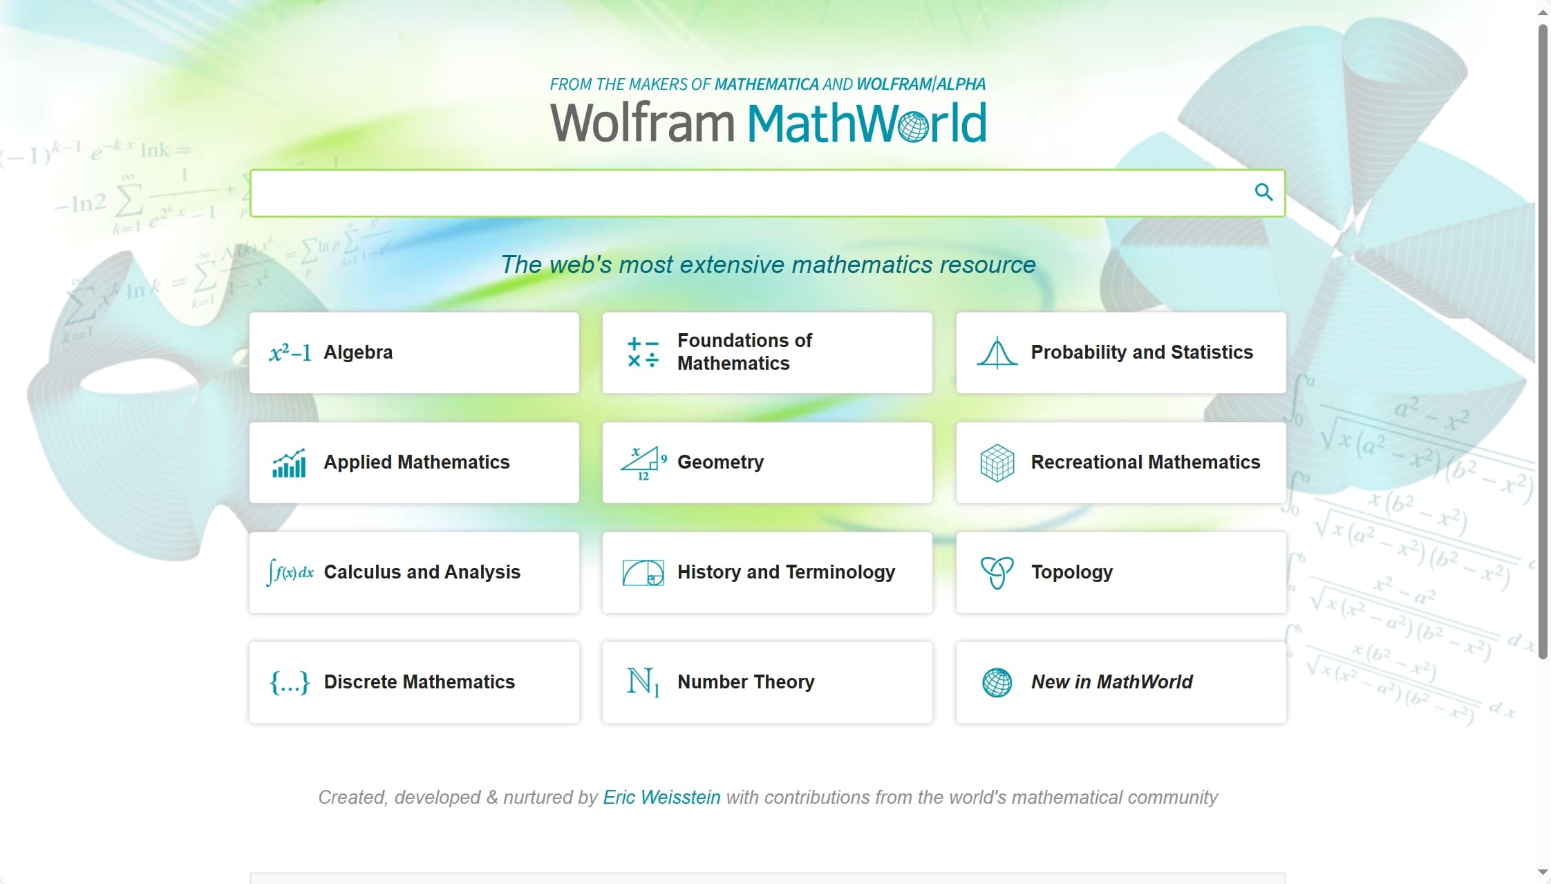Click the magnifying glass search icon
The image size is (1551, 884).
1263,192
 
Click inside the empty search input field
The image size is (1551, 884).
746,193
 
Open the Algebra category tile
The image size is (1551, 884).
414,352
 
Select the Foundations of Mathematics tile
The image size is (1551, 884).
767,352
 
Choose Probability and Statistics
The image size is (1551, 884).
1121,352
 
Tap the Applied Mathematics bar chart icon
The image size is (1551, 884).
289,463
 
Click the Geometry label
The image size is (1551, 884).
720,462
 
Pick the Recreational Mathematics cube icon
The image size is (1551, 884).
997,463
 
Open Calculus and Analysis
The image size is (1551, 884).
414,572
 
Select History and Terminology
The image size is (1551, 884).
767,572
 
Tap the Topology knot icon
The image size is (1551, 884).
997,573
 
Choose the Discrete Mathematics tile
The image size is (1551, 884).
414,682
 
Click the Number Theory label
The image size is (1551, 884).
746,682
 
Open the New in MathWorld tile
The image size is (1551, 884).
1121,682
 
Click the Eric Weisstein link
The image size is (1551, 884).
661,798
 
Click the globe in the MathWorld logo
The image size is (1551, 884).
914,126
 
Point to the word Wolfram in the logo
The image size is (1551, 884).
641,123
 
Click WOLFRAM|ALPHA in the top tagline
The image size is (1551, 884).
921,84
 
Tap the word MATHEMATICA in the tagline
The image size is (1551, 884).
767,84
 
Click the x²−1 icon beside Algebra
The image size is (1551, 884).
290,353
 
